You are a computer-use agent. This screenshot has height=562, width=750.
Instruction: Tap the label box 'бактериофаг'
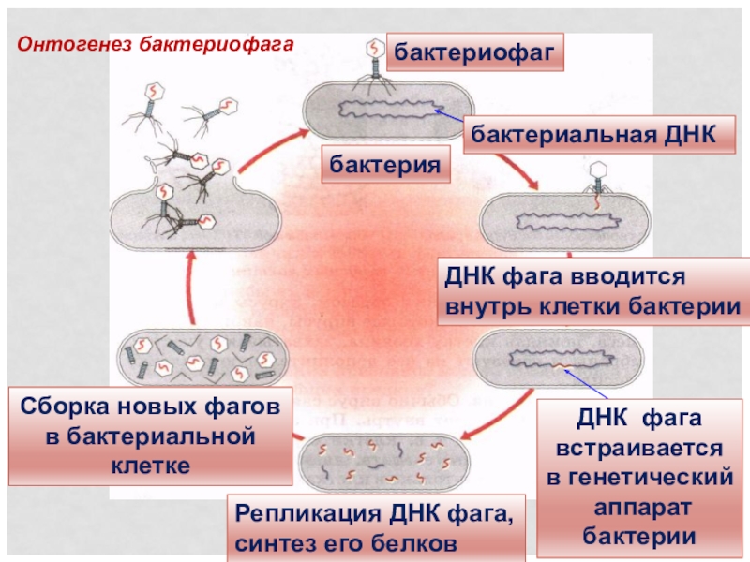click(x=477, y=53)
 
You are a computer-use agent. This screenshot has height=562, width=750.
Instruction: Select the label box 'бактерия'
click(x=385, y=165)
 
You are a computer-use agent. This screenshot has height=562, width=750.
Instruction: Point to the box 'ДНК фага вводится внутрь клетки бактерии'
click(x=592, y=292)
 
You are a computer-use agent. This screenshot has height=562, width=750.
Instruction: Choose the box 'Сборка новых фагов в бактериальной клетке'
click(x=150, y=436)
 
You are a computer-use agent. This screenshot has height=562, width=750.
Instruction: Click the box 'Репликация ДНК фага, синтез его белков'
click(x=375, y=528)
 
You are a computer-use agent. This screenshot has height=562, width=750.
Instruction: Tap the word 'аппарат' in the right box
click(x=639, y=507)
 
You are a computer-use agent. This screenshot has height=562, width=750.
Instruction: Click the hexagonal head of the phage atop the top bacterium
click(x=374, y=47)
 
